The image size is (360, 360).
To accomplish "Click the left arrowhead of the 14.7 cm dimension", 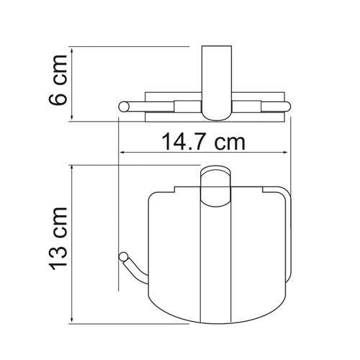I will click(x=123, y=153).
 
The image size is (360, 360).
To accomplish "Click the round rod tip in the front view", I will click(x=122, y=255).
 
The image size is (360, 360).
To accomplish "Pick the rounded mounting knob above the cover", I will click(x=214, y=180).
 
